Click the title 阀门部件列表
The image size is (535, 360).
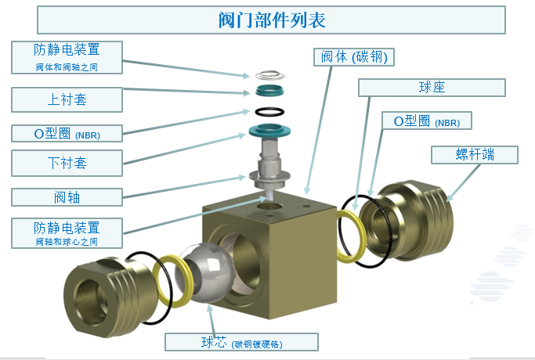click(272, 20)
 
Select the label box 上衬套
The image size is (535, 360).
click(67, 99)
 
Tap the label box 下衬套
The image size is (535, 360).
click(67, 163)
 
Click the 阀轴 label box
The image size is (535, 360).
click(67, 197)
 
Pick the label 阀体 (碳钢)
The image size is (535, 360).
click(354, 57)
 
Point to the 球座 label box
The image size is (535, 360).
click(432, 88)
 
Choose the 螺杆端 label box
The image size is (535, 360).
click(475, 155)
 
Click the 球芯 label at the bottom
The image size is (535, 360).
click(241, 342)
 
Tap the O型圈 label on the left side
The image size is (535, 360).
click(67, 133)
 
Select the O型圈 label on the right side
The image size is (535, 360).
click(426, 121)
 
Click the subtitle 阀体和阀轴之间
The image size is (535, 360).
click(67, 67)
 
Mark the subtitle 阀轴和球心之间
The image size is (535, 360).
click(67, 242)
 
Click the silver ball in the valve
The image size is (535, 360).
click(204, 272)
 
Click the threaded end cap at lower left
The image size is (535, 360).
click(107, 297)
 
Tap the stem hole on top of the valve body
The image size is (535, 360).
click(269, 207)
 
